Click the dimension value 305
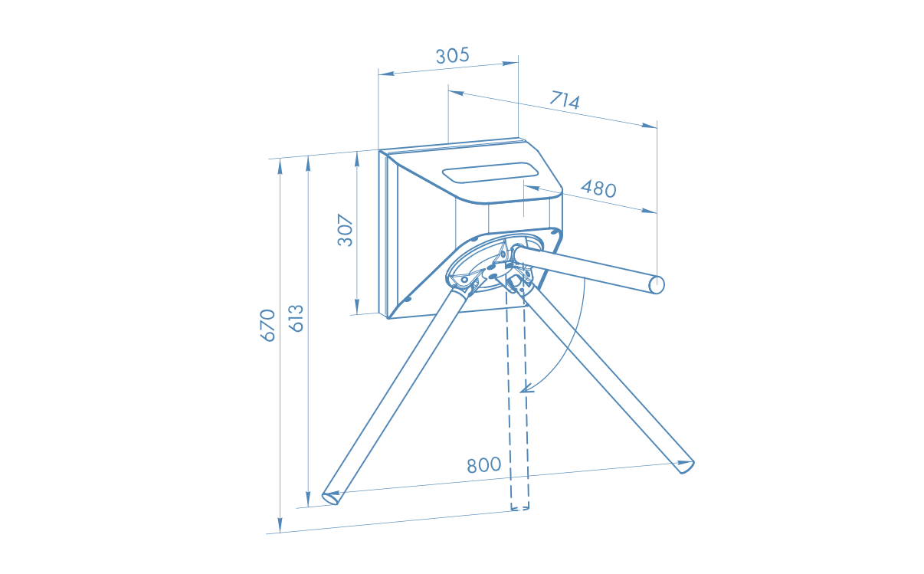click(453, 56)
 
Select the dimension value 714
click(565, 100)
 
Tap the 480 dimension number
click(598, 189)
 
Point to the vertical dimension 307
click(346, 230)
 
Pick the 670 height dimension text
click(267, 325)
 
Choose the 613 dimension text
click(297, 318)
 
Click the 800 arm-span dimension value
click(484, 465)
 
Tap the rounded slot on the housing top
click(490, 172)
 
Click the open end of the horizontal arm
click(657, 285)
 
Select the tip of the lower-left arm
click(330, 498)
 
